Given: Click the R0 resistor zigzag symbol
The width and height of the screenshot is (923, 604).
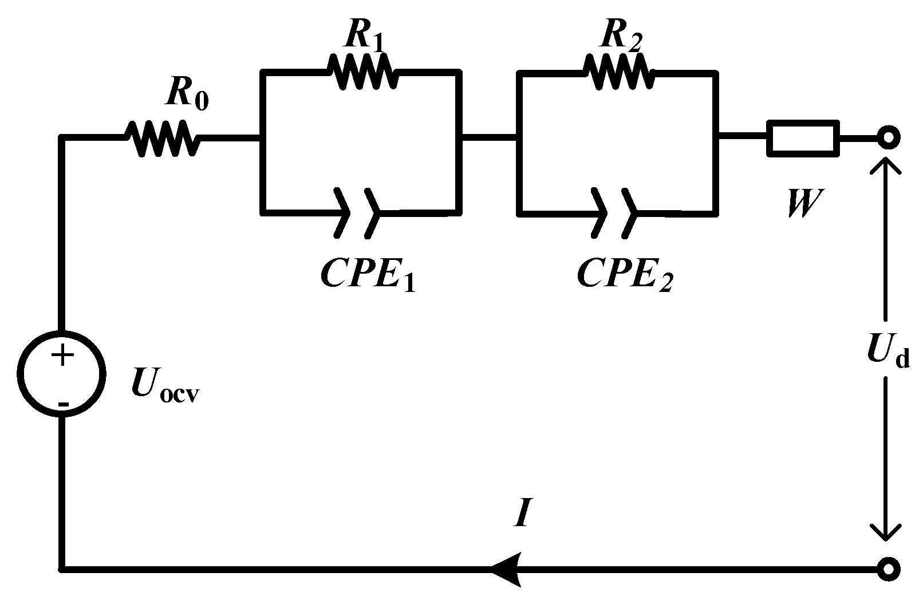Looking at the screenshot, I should [162, 138].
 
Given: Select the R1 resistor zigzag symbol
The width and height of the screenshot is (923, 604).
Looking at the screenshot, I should [361, 71].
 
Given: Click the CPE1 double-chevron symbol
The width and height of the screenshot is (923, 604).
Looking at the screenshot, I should [358, 212].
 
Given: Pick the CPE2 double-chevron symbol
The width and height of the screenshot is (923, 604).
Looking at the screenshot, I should [614, 212].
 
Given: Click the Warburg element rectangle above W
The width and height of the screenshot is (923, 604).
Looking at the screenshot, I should [803, 138].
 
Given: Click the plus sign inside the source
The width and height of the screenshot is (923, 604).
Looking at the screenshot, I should [62, 356].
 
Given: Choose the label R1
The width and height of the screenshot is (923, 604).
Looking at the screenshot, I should [364, 36].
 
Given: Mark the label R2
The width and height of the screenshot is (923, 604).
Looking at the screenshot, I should [621, 36].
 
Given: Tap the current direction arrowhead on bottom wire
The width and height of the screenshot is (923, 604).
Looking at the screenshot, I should [507, 569].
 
